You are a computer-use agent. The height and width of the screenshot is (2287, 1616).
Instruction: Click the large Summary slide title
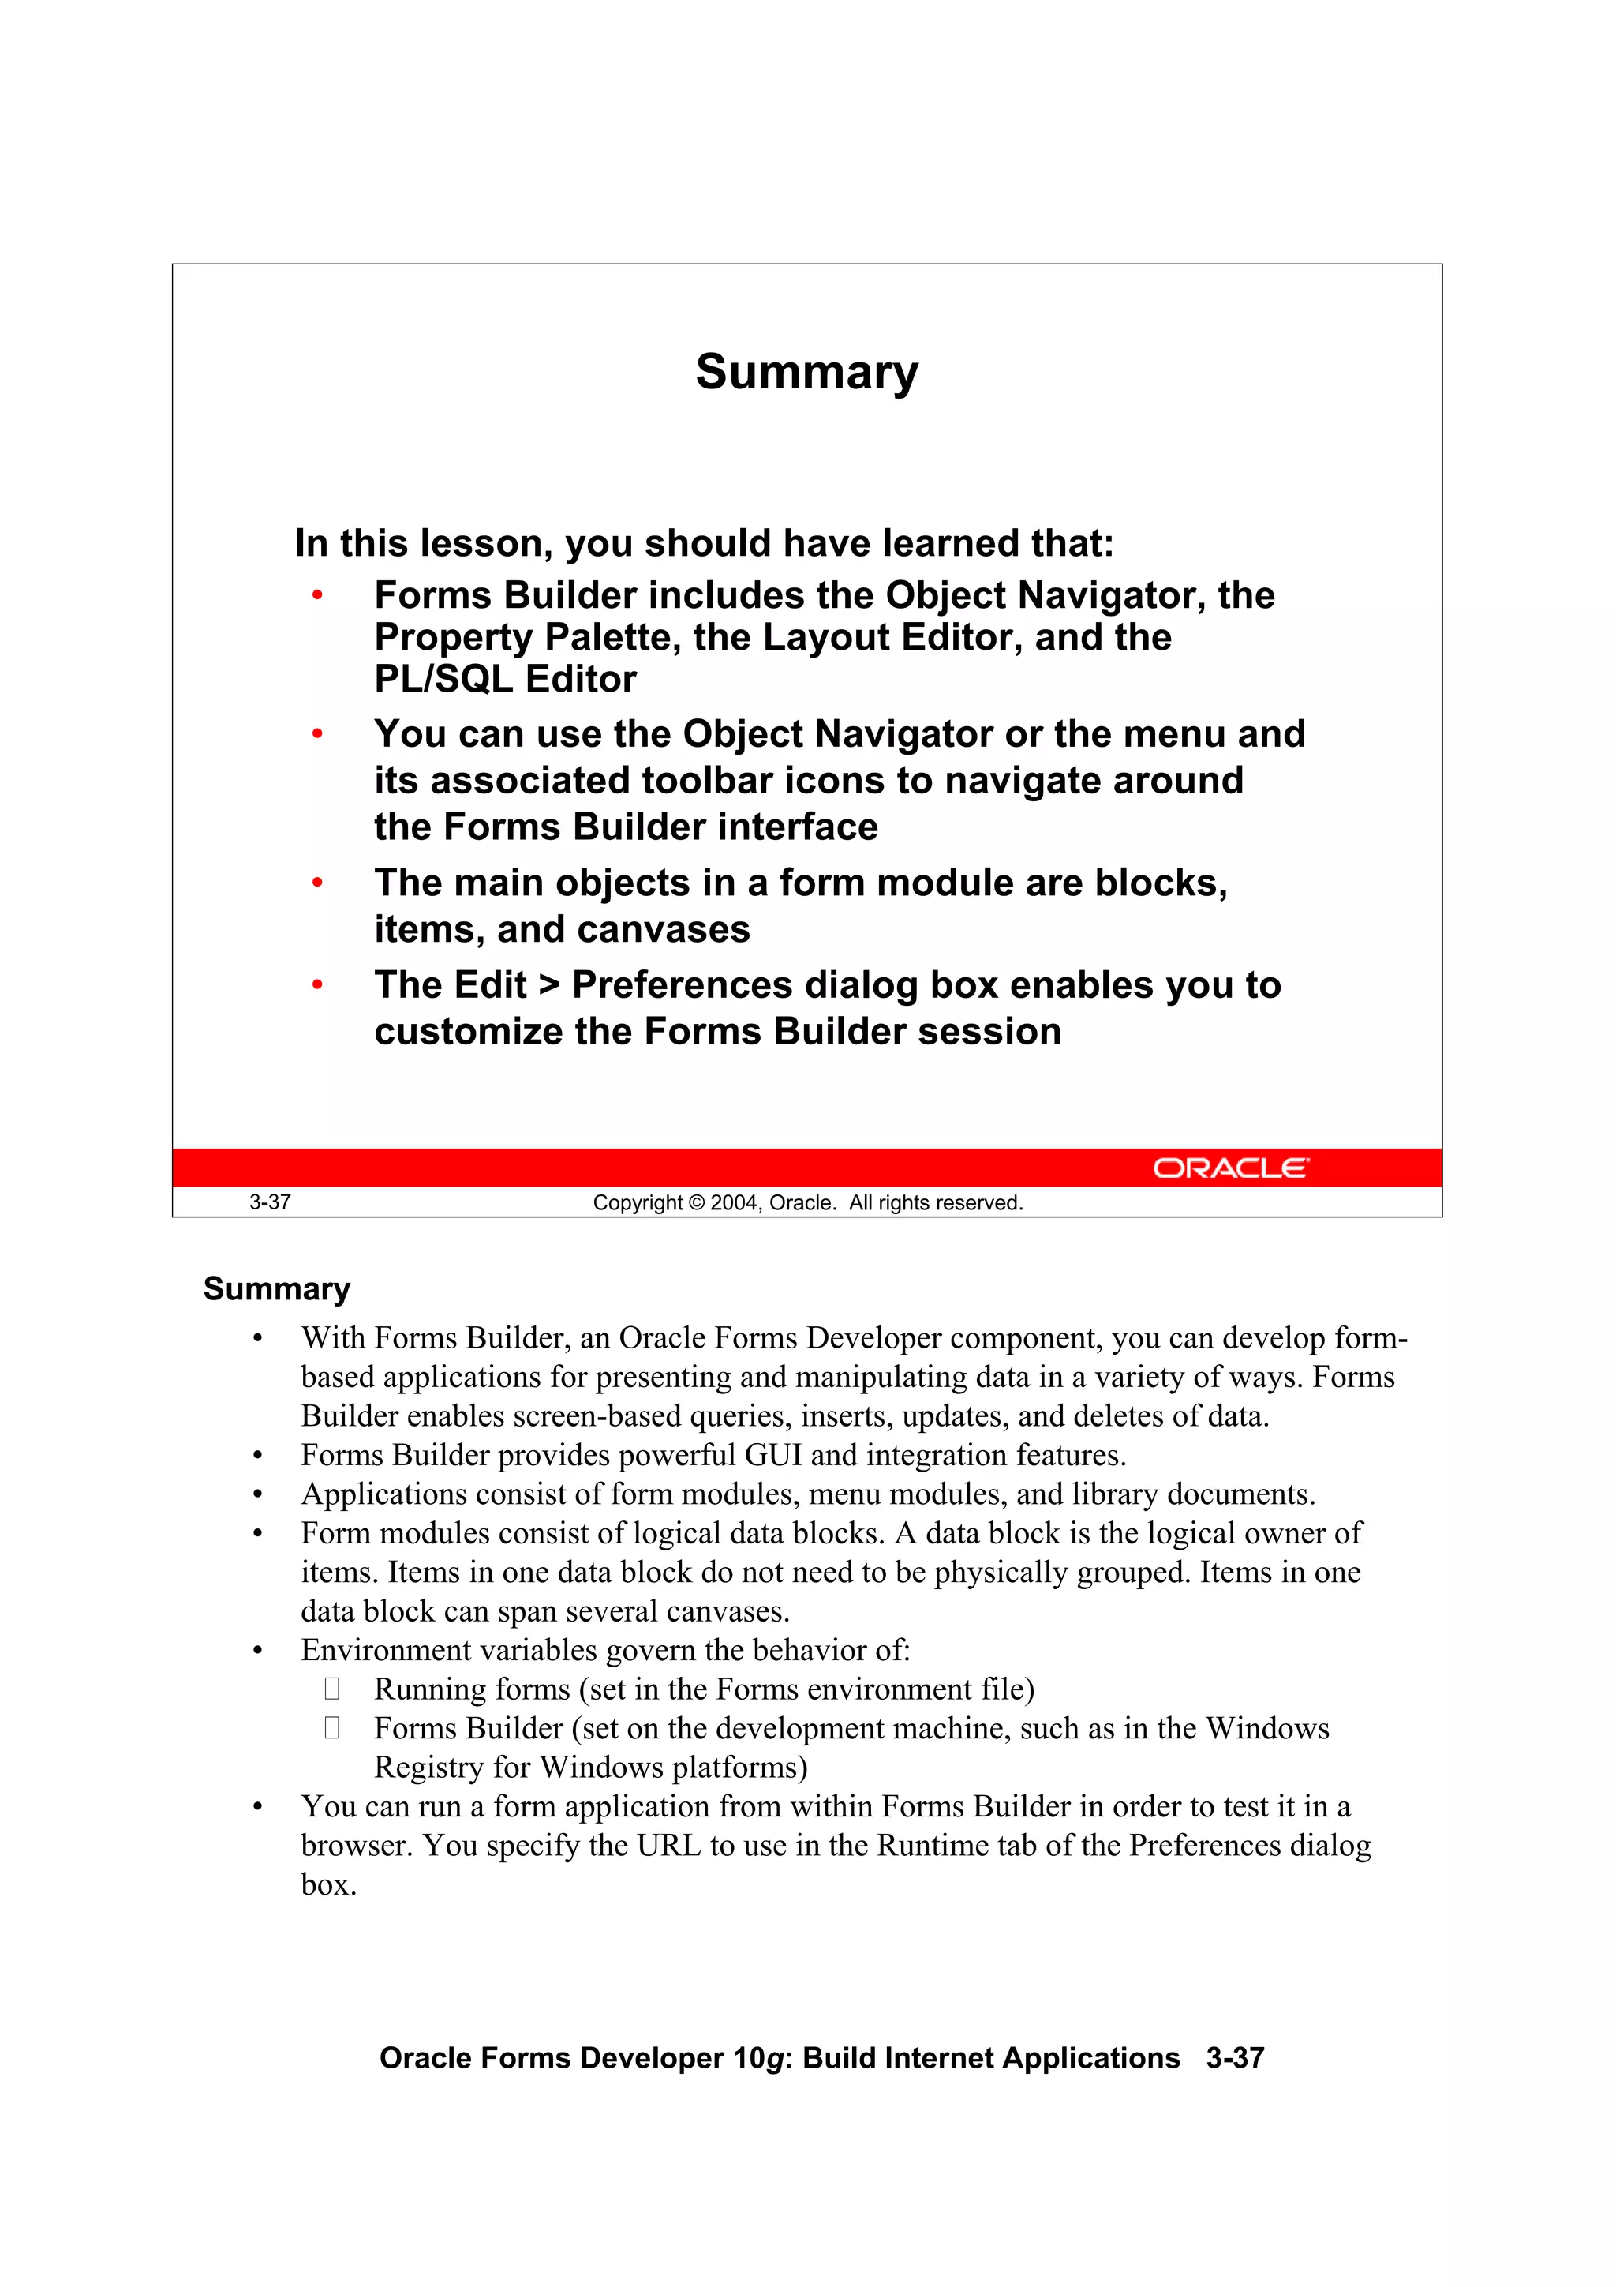[x=806, y=373]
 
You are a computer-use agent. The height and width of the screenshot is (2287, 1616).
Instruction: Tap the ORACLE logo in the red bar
[x=1231, y=1168]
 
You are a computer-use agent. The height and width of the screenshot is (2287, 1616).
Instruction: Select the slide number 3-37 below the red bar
[x=270, y=1202]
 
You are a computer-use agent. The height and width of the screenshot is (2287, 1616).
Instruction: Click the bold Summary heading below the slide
[x=277, y=1289]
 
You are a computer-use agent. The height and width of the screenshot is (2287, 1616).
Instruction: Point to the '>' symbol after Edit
[x=548, y=985]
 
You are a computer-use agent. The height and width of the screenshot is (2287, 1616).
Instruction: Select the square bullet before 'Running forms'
[x=331, y=1689]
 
